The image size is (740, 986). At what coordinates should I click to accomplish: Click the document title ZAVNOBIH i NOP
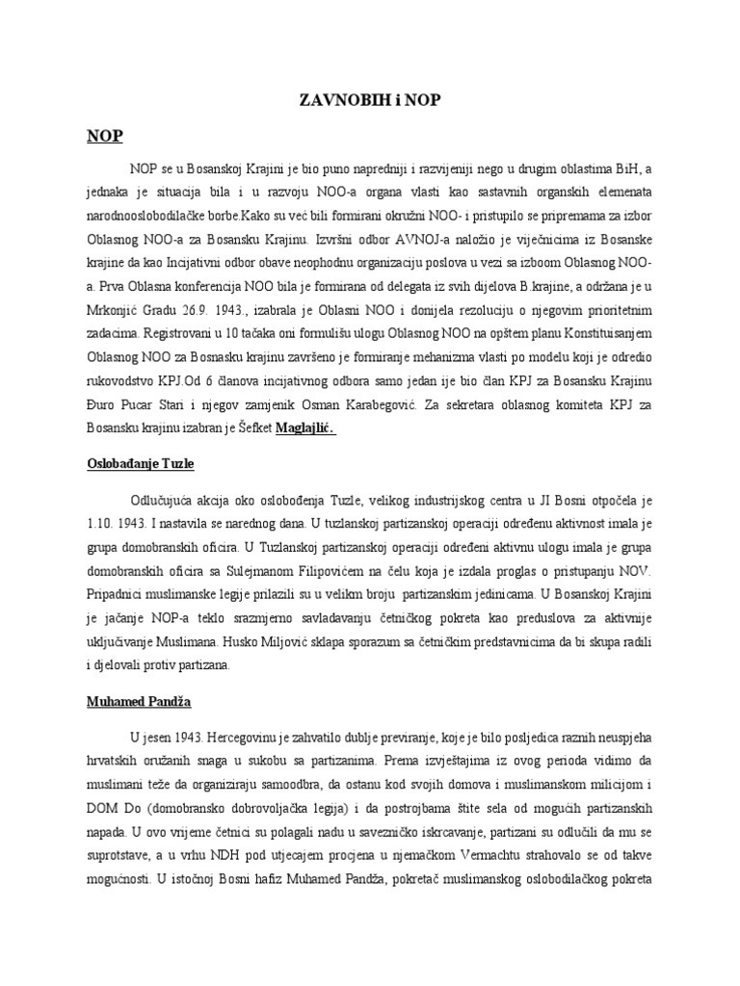pos(369,100)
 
